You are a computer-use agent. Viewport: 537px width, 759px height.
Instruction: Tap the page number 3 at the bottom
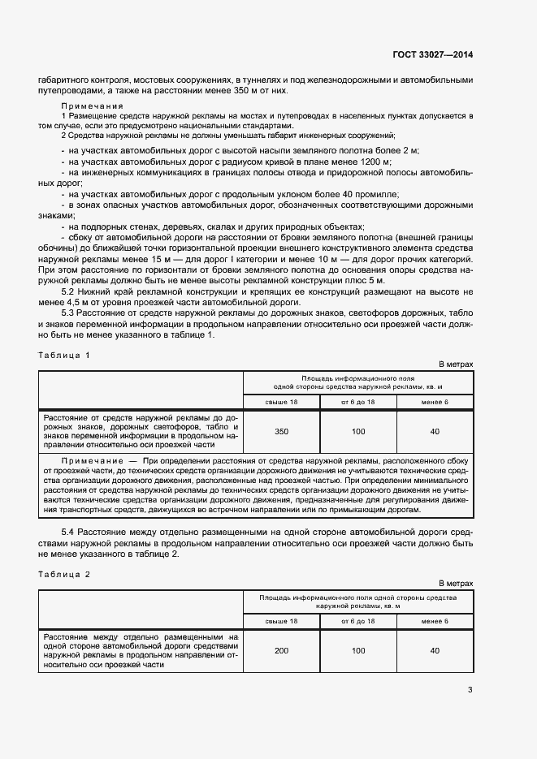(470, 690)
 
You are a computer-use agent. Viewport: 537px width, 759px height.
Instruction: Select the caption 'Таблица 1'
(64, 356)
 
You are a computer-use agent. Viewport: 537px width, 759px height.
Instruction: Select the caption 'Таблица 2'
(64, 574)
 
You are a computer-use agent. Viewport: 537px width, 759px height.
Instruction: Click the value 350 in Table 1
(282, 431)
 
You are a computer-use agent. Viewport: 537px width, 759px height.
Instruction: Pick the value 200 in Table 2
(282, 650)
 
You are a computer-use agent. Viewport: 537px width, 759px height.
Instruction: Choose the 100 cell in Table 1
(358, 431)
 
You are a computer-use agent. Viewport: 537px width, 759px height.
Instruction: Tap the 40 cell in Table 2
(435, 650)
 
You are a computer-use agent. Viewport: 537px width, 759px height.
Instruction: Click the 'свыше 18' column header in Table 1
(282, 402)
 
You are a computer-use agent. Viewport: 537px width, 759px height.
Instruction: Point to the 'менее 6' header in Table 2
(435, 621)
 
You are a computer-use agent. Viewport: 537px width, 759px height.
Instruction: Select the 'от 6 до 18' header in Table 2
(358, 621)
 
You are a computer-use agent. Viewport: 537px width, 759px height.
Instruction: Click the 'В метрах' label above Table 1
(456, 364)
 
